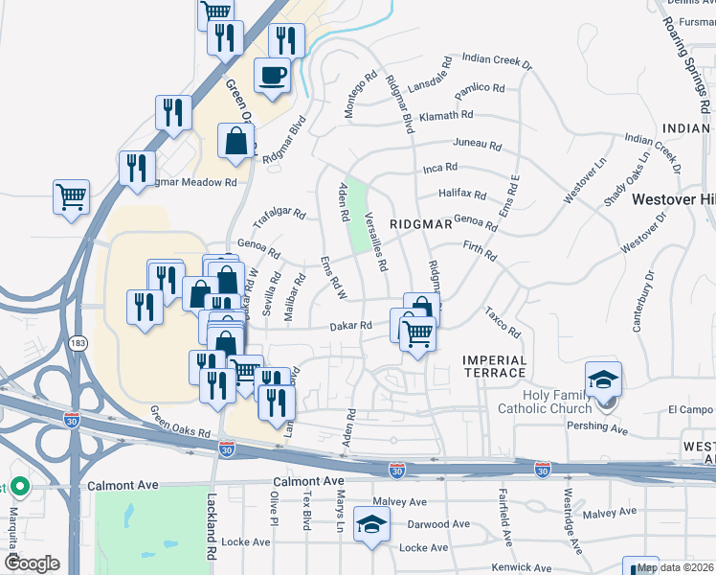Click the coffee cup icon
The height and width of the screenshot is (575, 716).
[273, 76]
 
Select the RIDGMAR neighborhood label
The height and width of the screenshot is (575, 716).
[420, 223]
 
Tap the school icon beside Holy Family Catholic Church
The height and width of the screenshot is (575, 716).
[604, 381]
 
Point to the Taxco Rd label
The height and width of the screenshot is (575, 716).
[502, 323]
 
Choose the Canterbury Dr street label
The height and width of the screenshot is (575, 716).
[642, 301]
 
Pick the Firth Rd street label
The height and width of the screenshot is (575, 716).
[479, 251]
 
